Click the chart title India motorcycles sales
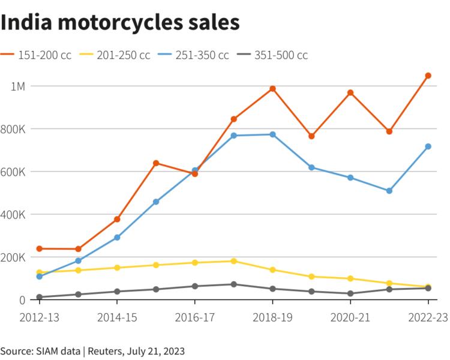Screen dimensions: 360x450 point(120,22)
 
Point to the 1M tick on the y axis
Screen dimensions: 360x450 point(18,86)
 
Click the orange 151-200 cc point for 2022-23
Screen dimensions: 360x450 point(428,76)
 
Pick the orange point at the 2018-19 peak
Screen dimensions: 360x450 point(272,89)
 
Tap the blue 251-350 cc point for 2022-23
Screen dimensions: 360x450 point(428,146)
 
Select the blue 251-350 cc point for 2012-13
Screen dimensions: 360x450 point(40,277)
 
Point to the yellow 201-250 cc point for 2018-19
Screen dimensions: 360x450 point(272,270)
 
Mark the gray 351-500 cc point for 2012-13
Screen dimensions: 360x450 point(40,297)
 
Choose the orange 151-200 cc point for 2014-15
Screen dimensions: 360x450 point(117,220)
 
